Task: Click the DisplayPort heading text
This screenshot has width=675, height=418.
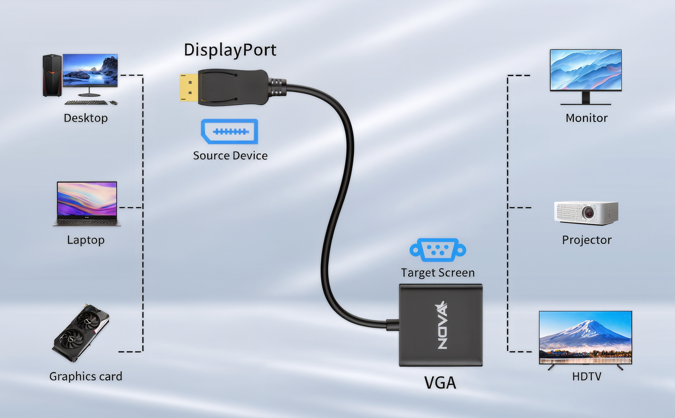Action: [x=230, y=50]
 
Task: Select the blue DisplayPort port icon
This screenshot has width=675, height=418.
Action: [x=230, y=131]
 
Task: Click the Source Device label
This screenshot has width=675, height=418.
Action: [x=230, y=156]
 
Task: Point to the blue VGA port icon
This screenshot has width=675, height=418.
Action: [x=438, y=249]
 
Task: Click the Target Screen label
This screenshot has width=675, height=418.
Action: [x=438, y=273]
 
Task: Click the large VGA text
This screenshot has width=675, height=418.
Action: [x=440, y=383]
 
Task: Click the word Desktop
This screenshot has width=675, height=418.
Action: [x=86, y=118]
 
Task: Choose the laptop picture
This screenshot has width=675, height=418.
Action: [x=87, y=204]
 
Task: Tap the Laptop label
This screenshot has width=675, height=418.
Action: [x=86, y=240]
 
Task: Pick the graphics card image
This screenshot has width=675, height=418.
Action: [x=81, y=333]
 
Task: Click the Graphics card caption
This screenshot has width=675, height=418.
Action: [x=86, y=377]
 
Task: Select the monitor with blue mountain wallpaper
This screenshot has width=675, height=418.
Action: [x=586, y=71]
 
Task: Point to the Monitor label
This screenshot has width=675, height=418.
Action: [x=586, y=118]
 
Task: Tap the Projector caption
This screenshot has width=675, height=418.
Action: [x=587, y=240]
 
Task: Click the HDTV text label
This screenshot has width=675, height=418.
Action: [x=587, y=377]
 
